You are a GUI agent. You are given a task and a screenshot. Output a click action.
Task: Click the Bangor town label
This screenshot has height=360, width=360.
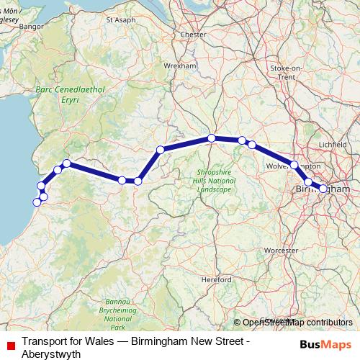[32, 27]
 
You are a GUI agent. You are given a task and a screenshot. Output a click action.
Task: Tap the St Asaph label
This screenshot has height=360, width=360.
[121, 20]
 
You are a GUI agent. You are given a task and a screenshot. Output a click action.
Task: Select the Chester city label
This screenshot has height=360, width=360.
[194, 34]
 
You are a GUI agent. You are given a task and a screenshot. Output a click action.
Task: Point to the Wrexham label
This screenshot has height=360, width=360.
[180, 65]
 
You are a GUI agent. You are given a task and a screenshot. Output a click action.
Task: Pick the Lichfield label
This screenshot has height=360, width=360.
[332, 144]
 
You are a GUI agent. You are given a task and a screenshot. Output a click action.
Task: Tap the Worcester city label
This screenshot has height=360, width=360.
[281, 250]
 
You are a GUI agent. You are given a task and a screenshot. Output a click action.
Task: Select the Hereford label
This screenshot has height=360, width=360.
[216, 279]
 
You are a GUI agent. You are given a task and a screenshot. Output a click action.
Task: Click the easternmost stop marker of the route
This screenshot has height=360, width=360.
[323, 189]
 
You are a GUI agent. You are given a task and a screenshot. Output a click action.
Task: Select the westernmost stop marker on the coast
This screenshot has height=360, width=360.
[37, 202]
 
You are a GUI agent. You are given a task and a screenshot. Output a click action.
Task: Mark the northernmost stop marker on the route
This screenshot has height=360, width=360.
[212, 138]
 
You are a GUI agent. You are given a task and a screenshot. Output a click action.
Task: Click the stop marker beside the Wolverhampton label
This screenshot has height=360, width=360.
[294, 165]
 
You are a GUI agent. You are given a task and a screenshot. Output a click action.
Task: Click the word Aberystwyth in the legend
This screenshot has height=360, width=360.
[51, 354]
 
